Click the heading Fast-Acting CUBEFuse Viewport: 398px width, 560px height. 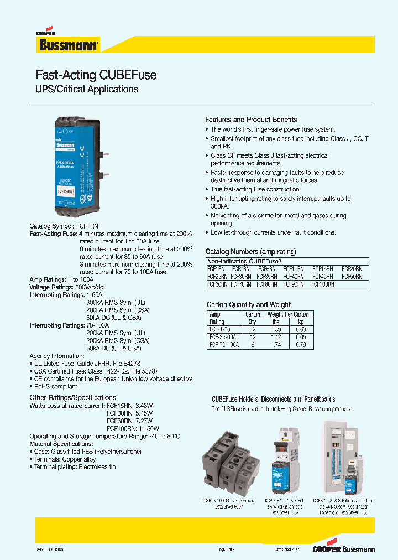coord(96,75)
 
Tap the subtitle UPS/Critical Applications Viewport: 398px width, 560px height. coord(87,89)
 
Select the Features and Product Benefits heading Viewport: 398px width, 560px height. coord(251,120)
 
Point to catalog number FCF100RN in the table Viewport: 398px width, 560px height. coord(323,284)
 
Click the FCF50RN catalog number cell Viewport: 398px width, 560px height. coord(352,276)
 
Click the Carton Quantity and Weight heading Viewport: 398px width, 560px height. coord(248,304)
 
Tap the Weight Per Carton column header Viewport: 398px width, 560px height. coord(287,314)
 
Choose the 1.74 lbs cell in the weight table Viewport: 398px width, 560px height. coord(276,344)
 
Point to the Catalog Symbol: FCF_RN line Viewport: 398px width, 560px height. coord(64,226)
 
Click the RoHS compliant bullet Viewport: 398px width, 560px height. coord(55,387)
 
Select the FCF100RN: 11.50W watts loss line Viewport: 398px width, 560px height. coord(133,428)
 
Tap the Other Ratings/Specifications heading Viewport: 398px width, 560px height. coord(73,397)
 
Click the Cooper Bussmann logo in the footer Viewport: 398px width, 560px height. coord(343,549)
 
